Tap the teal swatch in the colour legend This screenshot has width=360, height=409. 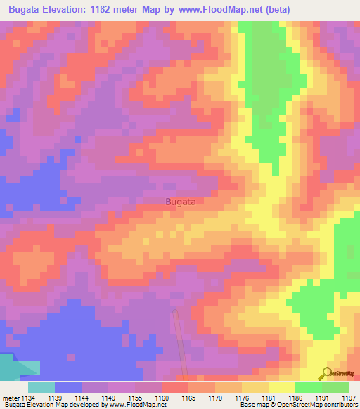[41, 387]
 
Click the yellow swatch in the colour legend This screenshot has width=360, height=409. [281, 387]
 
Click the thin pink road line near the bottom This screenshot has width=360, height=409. [181, 344]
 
